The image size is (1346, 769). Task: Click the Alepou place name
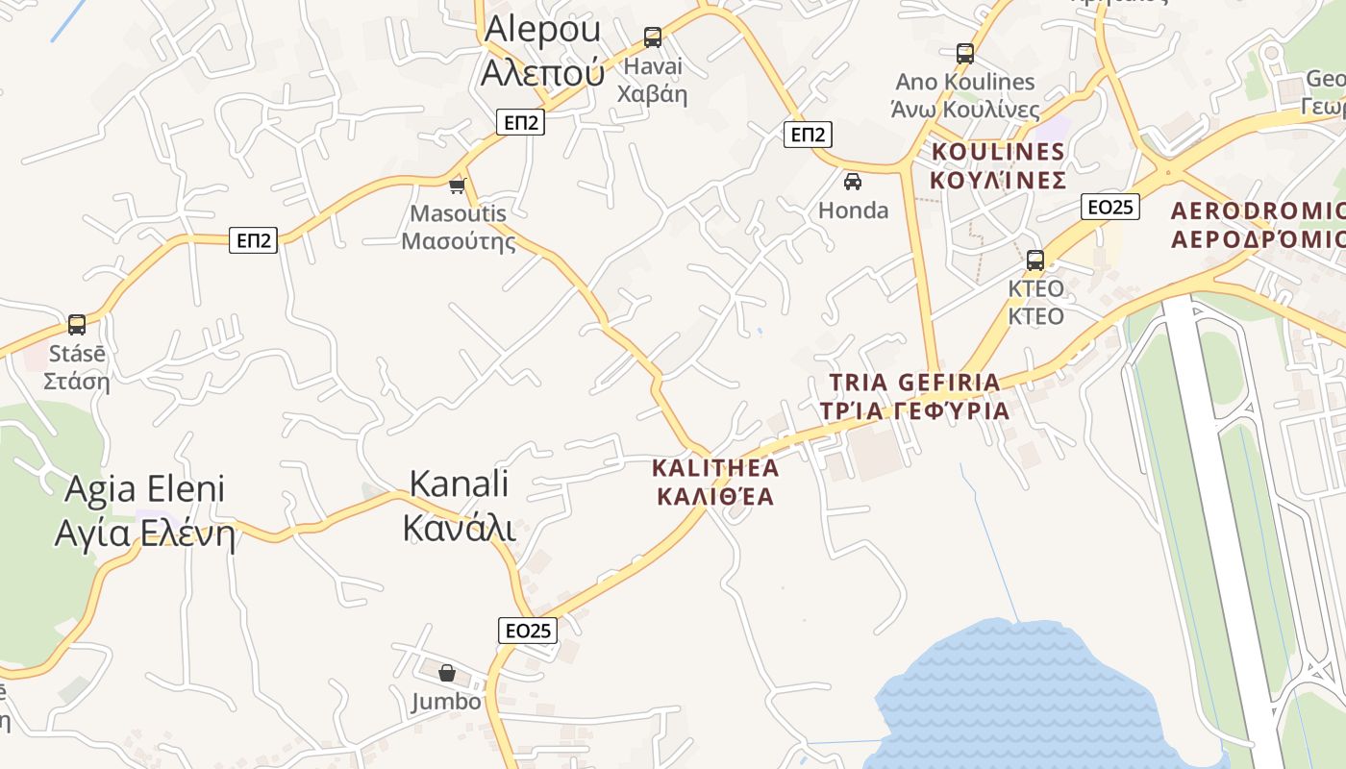543,49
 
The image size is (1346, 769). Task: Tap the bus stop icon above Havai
653,37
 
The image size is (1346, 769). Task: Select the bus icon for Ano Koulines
965,54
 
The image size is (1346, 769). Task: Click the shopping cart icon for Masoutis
458,185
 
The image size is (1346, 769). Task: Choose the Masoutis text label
458,227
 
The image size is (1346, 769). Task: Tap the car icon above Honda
853,181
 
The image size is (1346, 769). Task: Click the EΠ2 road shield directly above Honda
808,135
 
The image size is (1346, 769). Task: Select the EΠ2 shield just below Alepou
520,122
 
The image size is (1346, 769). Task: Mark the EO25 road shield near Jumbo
528,631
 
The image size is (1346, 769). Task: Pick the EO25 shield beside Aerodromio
1109,207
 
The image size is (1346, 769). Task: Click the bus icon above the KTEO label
1035,260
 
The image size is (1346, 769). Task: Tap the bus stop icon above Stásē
77,325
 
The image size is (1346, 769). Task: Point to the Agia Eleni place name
144,510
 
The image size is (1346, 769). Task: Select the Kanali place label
459,506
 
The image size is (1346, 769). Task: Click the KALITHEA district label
714,483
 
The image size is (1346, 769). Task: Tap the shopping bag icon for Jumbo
447,673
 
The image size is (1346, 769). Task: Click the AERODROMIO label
1258,225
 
